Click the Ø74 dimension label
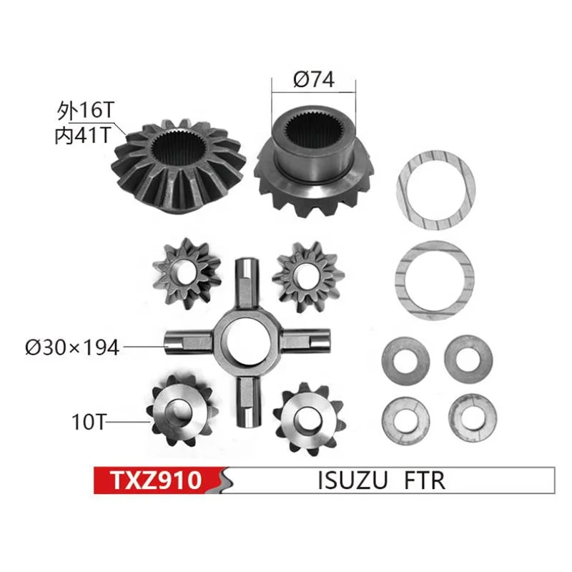[x=313, y=81]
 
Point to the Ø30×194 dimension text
[x=71, y=347]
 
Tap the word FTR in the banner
[x=423, y=480]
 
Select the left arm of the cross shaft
[x=187, y=341]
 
